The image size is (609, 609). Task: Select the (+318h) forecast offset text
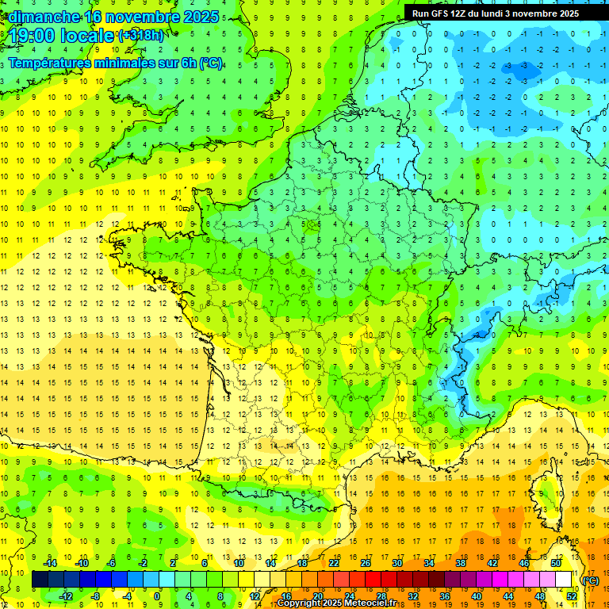click(x=141, y=36)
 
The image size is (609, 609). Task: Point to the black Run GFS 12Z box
click(x=495, y=13)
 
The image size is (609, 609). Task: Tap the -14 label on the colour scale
click(x=51, y=563)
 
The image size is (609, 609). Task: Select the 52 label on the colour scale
click(x=572, y=596)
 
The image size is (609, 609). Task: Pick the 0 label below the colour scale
click(x=157, y=596)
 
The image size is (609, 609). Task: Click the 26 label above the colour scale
click(x=365, y=563)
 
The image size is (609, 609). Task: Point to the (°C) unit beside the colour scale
click(x=591, y=580)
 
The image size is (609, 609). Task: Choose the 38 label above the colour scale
click(x=460, y=563)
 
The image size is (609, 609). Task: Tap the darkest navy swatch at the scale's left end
click(x=40, y=580)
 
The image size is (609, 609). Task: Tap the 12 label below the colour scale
click(x=254, y=596)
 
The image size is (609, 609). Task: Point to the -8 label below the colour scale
click(x=96, y=596)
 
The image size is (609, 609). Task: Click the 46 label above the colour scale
click(x=523, y=563)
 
